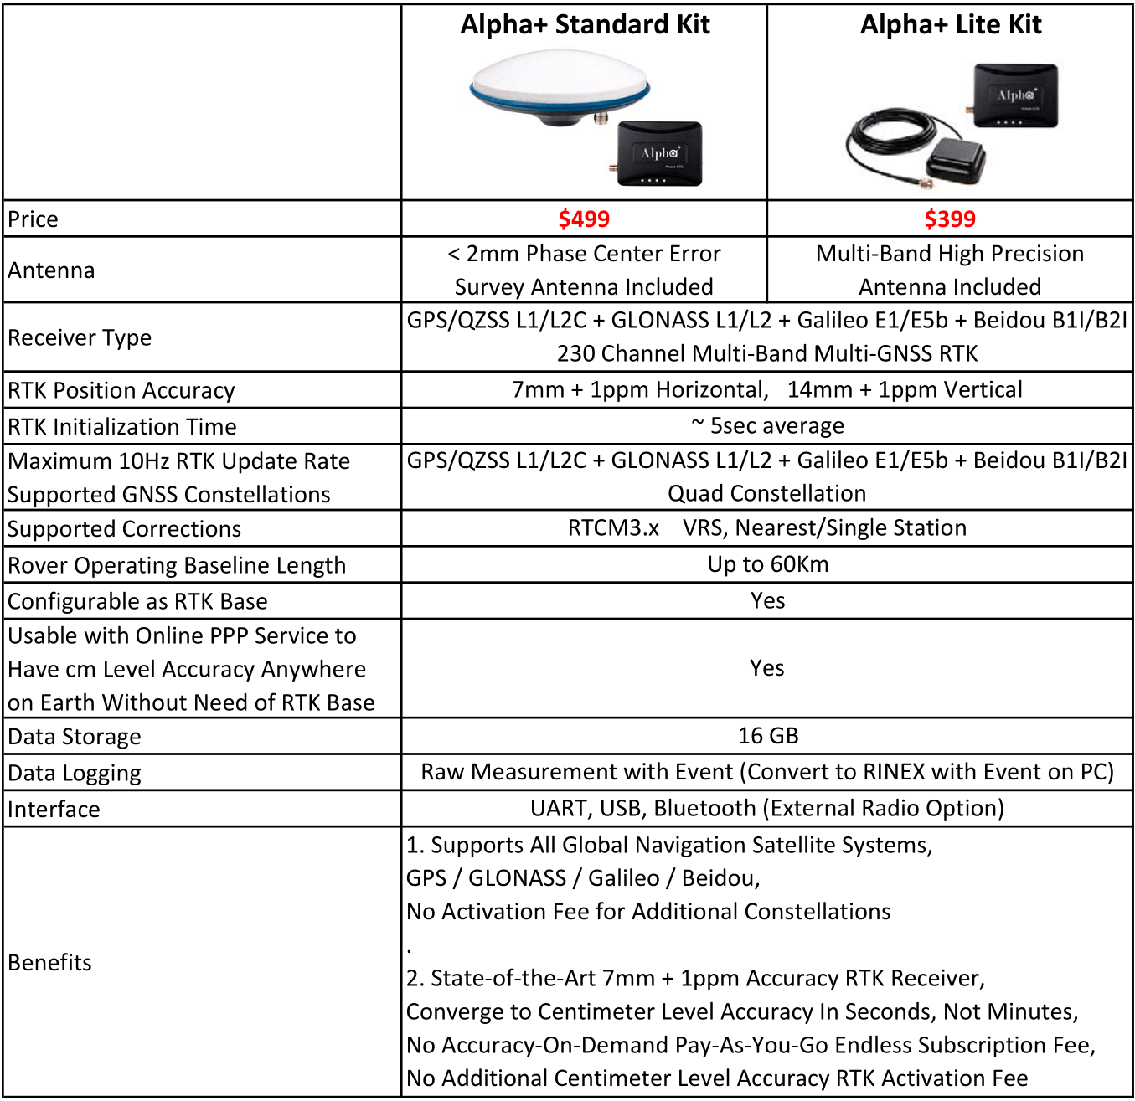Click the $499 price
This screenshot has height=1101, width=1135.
pyautogui.click(x=584, y=219)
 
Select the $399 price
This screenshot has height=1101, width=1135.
pyautogui.click(x=950, y=219)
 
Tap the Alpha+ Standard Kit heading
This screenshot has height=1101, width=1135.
pyautogui.click(x=585, y=25)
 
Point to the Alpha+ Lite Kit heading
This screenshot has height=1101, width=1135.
pyautogui.click(x=951, y=25)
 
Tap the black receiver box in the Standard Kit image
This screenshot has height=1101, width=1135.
pyautogui.click(x=659, y=153)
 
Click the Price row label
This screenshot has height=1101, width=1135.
pyautogui.click(x=34, y=219)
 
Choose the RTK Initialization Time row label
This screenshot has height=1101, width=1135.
pyautogui.click(x=122, y=427)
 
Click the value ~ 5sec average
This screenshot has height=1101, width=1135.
pyautogui.click(x=767, y=426)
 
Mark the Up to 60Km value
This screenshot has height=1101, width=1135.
pyautogui.click(x=767, y=564)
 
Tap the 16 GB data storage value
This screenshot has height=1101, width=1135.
pyautogui.click(x=767, y=736)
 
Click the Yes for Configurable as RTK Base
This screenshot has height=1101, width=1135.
pyautogui.click(x=767, y=601)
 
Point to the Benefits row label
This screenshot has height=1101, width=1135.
pyautogui.click(x=50, y=963)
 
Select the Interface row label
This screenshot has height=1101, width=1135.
pyautogui.click(x=54, y=810)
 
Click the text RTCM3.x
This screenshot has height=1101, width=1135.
pyautogui.click(x=613, y=528)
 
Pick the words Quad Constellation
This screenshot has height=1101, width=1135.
pyautogui.click(x=766, y=494)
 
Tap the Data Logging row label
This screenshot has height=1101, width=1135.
pyautogui.click(x=75, y=773)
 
